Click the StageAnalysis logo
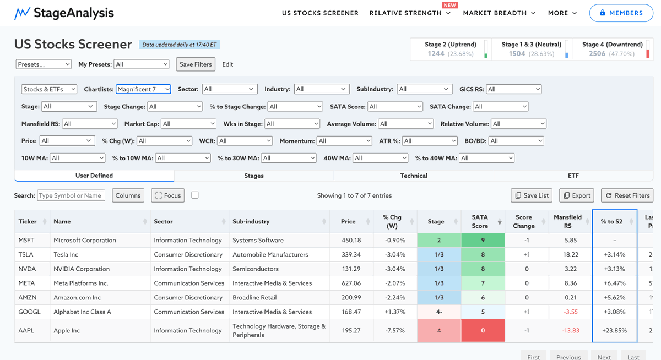(64, 13)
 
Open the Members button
(621, 13)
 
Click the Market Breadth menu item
(499, 13)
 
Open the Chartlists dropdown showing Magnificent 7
(143, 89)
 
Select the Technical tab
(414, 176)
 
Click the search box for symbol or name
(71, 195)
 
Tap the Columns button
(128, 195)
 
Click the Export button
(577, 195)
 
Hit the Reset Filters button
(627, 195)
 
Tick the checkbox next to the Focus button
(195, 195)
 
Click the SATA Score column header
(480, 221)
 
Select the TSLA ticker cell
(26, 254)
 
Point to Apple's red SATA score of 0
(483, 330)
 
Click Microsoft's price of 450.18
(351, 240)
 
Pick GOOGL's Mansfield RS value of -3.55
(571, 312)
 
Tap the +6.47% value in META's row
(614, 283)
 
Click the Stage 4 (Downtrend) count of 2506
(597, 53)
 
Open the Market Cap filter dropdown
(188, 124)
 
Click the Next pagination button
(604, 357)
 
